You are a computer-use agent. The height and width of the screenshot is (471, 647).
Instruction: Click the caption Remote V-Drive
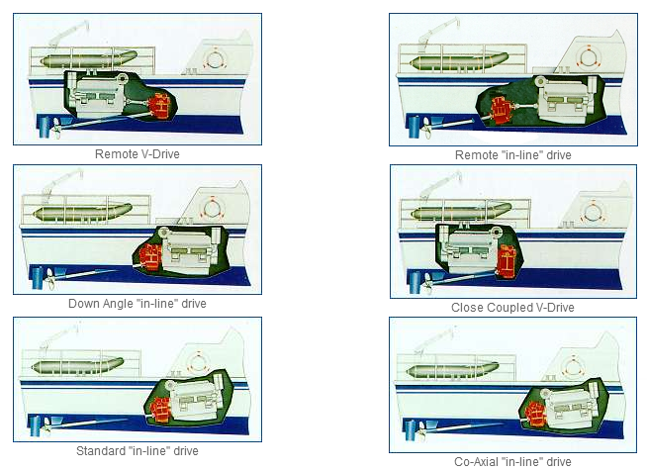click(x=137, y=154)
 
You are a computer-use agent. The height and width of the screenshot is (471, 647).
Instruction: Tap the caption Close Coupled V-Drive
click(x=512, y=308)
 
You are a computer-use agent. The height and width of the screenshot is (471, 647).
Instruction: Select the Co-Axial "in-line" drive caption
click(x=512, y=461)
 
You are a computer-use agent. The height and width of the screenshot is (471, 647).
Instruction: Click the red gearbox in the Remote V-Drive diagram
click(x=160, y=106)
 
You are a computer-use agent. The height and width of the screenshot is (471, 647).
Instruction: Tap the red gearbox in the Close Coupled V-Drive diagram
click(x=507, y=261)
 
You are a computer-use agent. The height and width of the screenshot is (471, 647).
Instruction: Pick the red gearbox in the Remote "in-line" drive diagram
click(x=503, y=110)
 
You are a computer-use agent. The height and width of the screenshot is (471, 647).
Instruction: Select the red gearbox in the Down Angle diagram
click(x=149, y=256)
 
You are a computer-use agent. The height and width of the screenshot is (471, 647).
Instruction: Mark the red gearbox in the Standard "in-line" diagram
click(x=160, y=409)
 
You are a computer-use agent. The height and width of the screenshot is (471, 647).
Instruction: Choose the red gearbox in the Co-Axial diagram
click(x=535, y=413)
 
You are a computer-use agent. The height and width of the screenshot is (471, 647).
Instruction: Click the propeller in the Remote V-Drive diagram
click(x=55, y=129)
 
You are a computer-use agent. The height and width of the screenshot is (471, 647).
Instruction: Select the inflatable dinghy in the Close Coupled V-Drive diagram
click(x=461, y=212)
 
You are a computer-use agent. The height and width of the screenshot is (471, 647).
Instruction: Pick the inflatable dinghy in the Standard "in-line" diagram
click(x=77, y=366)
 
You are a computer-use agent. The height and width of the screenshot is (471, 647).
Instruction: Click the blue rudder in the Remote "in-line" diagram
click(x=414, y=127)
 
